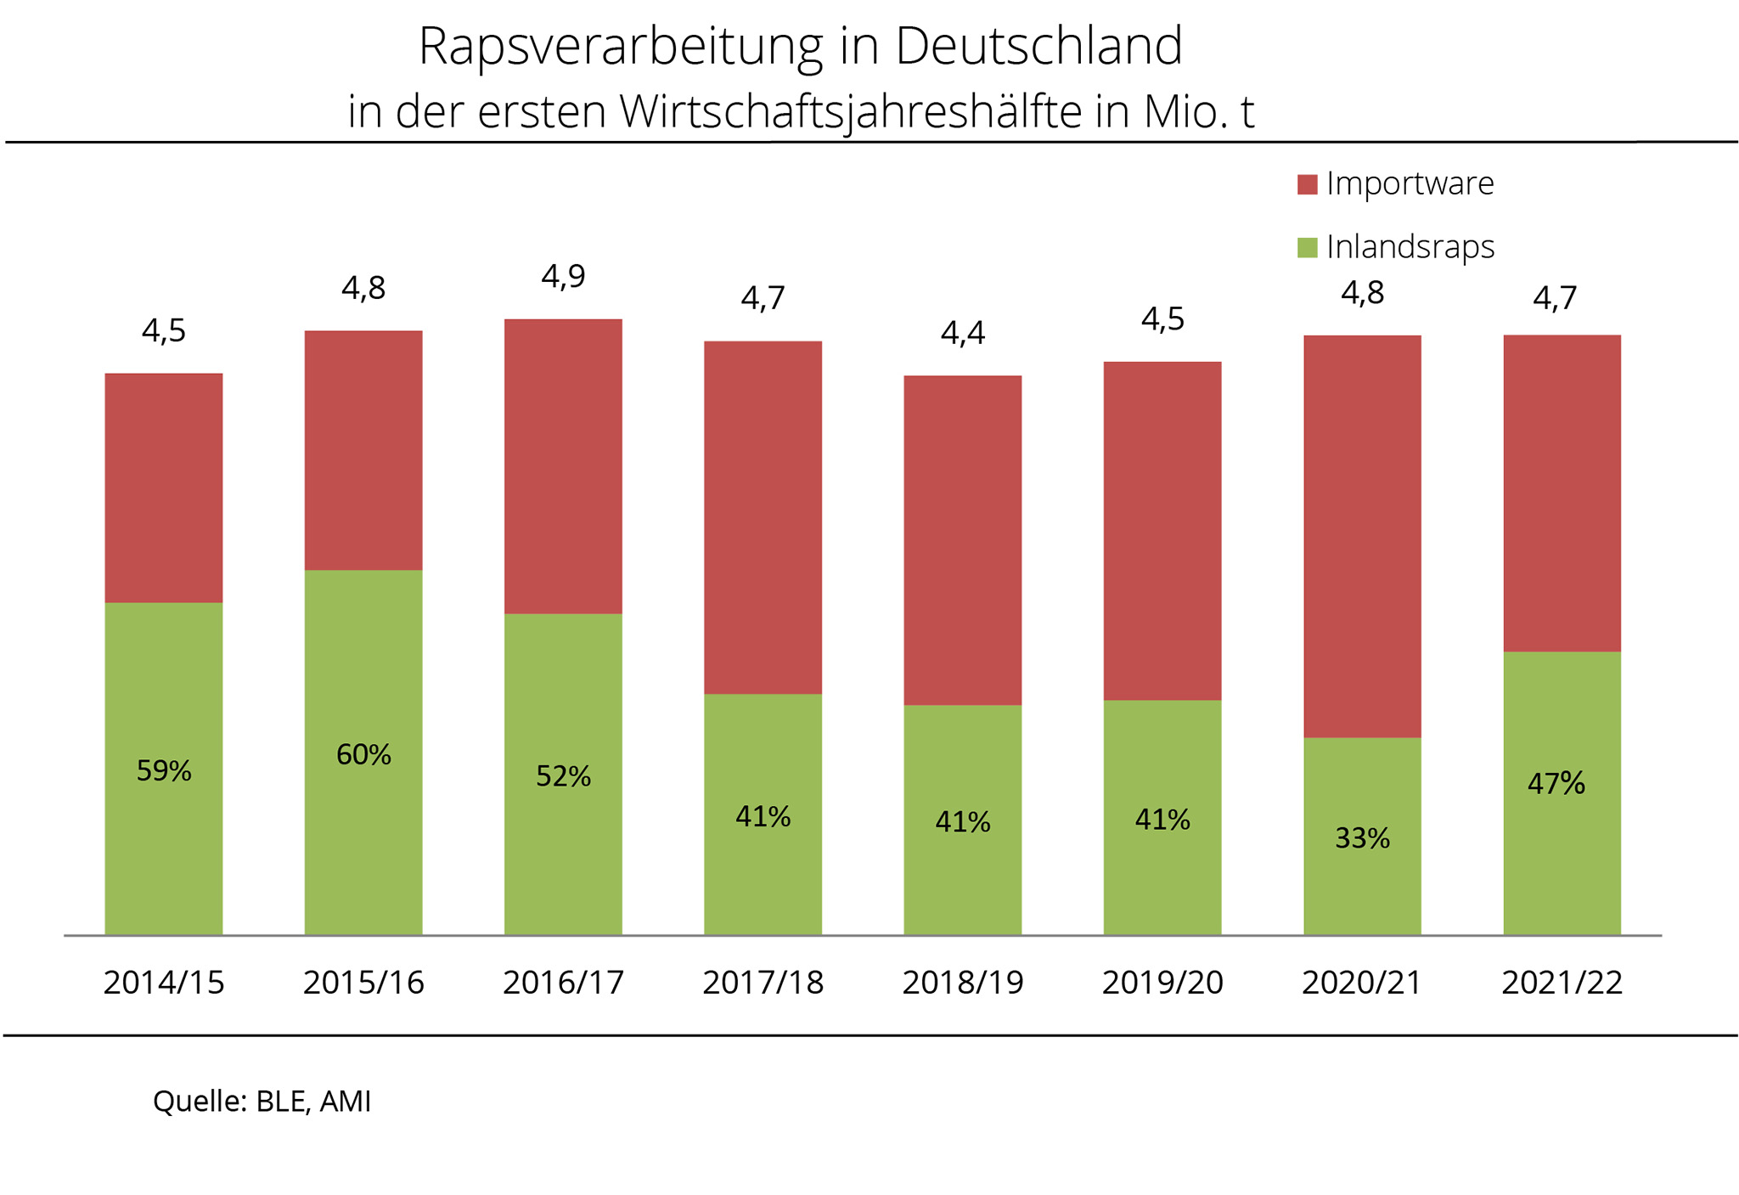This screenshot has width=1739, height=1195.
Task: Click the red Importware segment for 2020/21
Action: [1362, 535]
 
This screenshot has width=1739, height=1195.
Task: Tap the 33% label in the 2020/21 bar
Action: [1362, 838]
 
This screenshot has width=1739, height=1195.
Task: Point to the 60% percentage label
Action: [363, 754]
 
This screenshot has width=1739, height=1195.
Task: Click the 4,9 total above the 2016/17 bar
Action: [563, 276]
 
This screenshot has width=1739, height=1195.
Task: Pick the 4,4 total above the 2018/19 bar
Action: [962, 333]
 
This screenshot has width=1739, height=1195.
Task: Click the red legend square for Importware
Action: [1307, 184]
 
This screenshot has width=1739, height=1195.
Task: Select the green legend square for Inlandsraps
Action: [1307, 247]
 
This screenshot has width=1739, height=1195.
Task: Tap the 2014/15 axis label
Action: [164, 983]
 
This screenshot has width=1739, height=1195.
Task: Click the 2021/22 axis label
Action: [1562, 983]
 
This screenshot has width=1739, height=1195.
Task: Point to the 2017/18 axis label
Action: [763, 983]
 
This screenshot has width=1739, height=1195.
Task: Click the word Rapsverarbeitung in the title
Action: [620, 47]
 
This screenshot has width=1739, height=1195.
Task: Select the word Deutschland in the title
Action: [1038, 47]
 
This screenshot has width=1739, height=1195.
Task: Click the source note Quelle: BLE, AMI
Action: [262, 1101]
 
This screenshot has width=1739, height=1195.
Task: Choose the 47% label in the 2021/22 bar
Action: [1556, 783]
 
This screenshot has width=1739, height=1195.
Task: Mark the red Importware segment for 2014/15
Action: [164, 488]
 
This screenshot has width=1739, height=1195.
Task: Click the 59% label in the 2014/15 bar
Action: [164, 771]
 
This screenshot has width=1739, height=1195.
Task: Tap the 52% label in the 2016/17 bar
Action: [563, 776]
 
